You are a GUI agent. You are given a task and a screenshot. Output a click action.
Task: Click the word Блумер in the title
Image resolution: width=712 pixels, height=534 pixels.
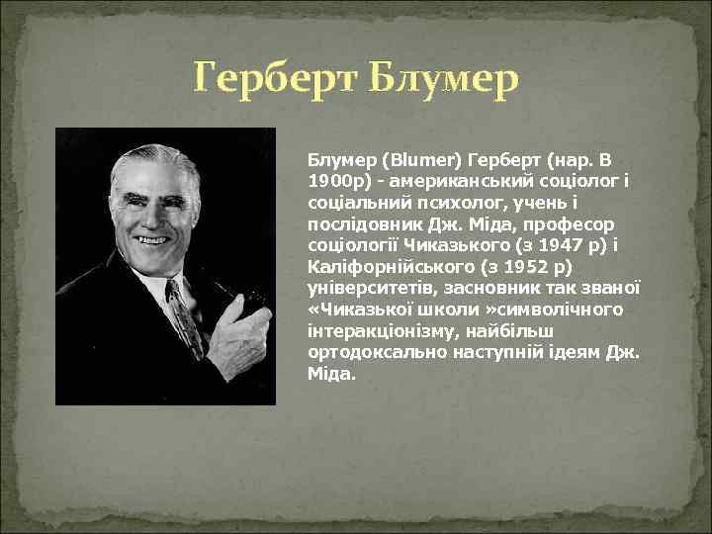click(x=444, y=79)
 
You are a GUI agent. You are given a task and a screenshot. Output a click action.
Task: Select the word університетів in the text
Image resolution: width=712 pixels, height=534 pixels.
click(x=365, y=289)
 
